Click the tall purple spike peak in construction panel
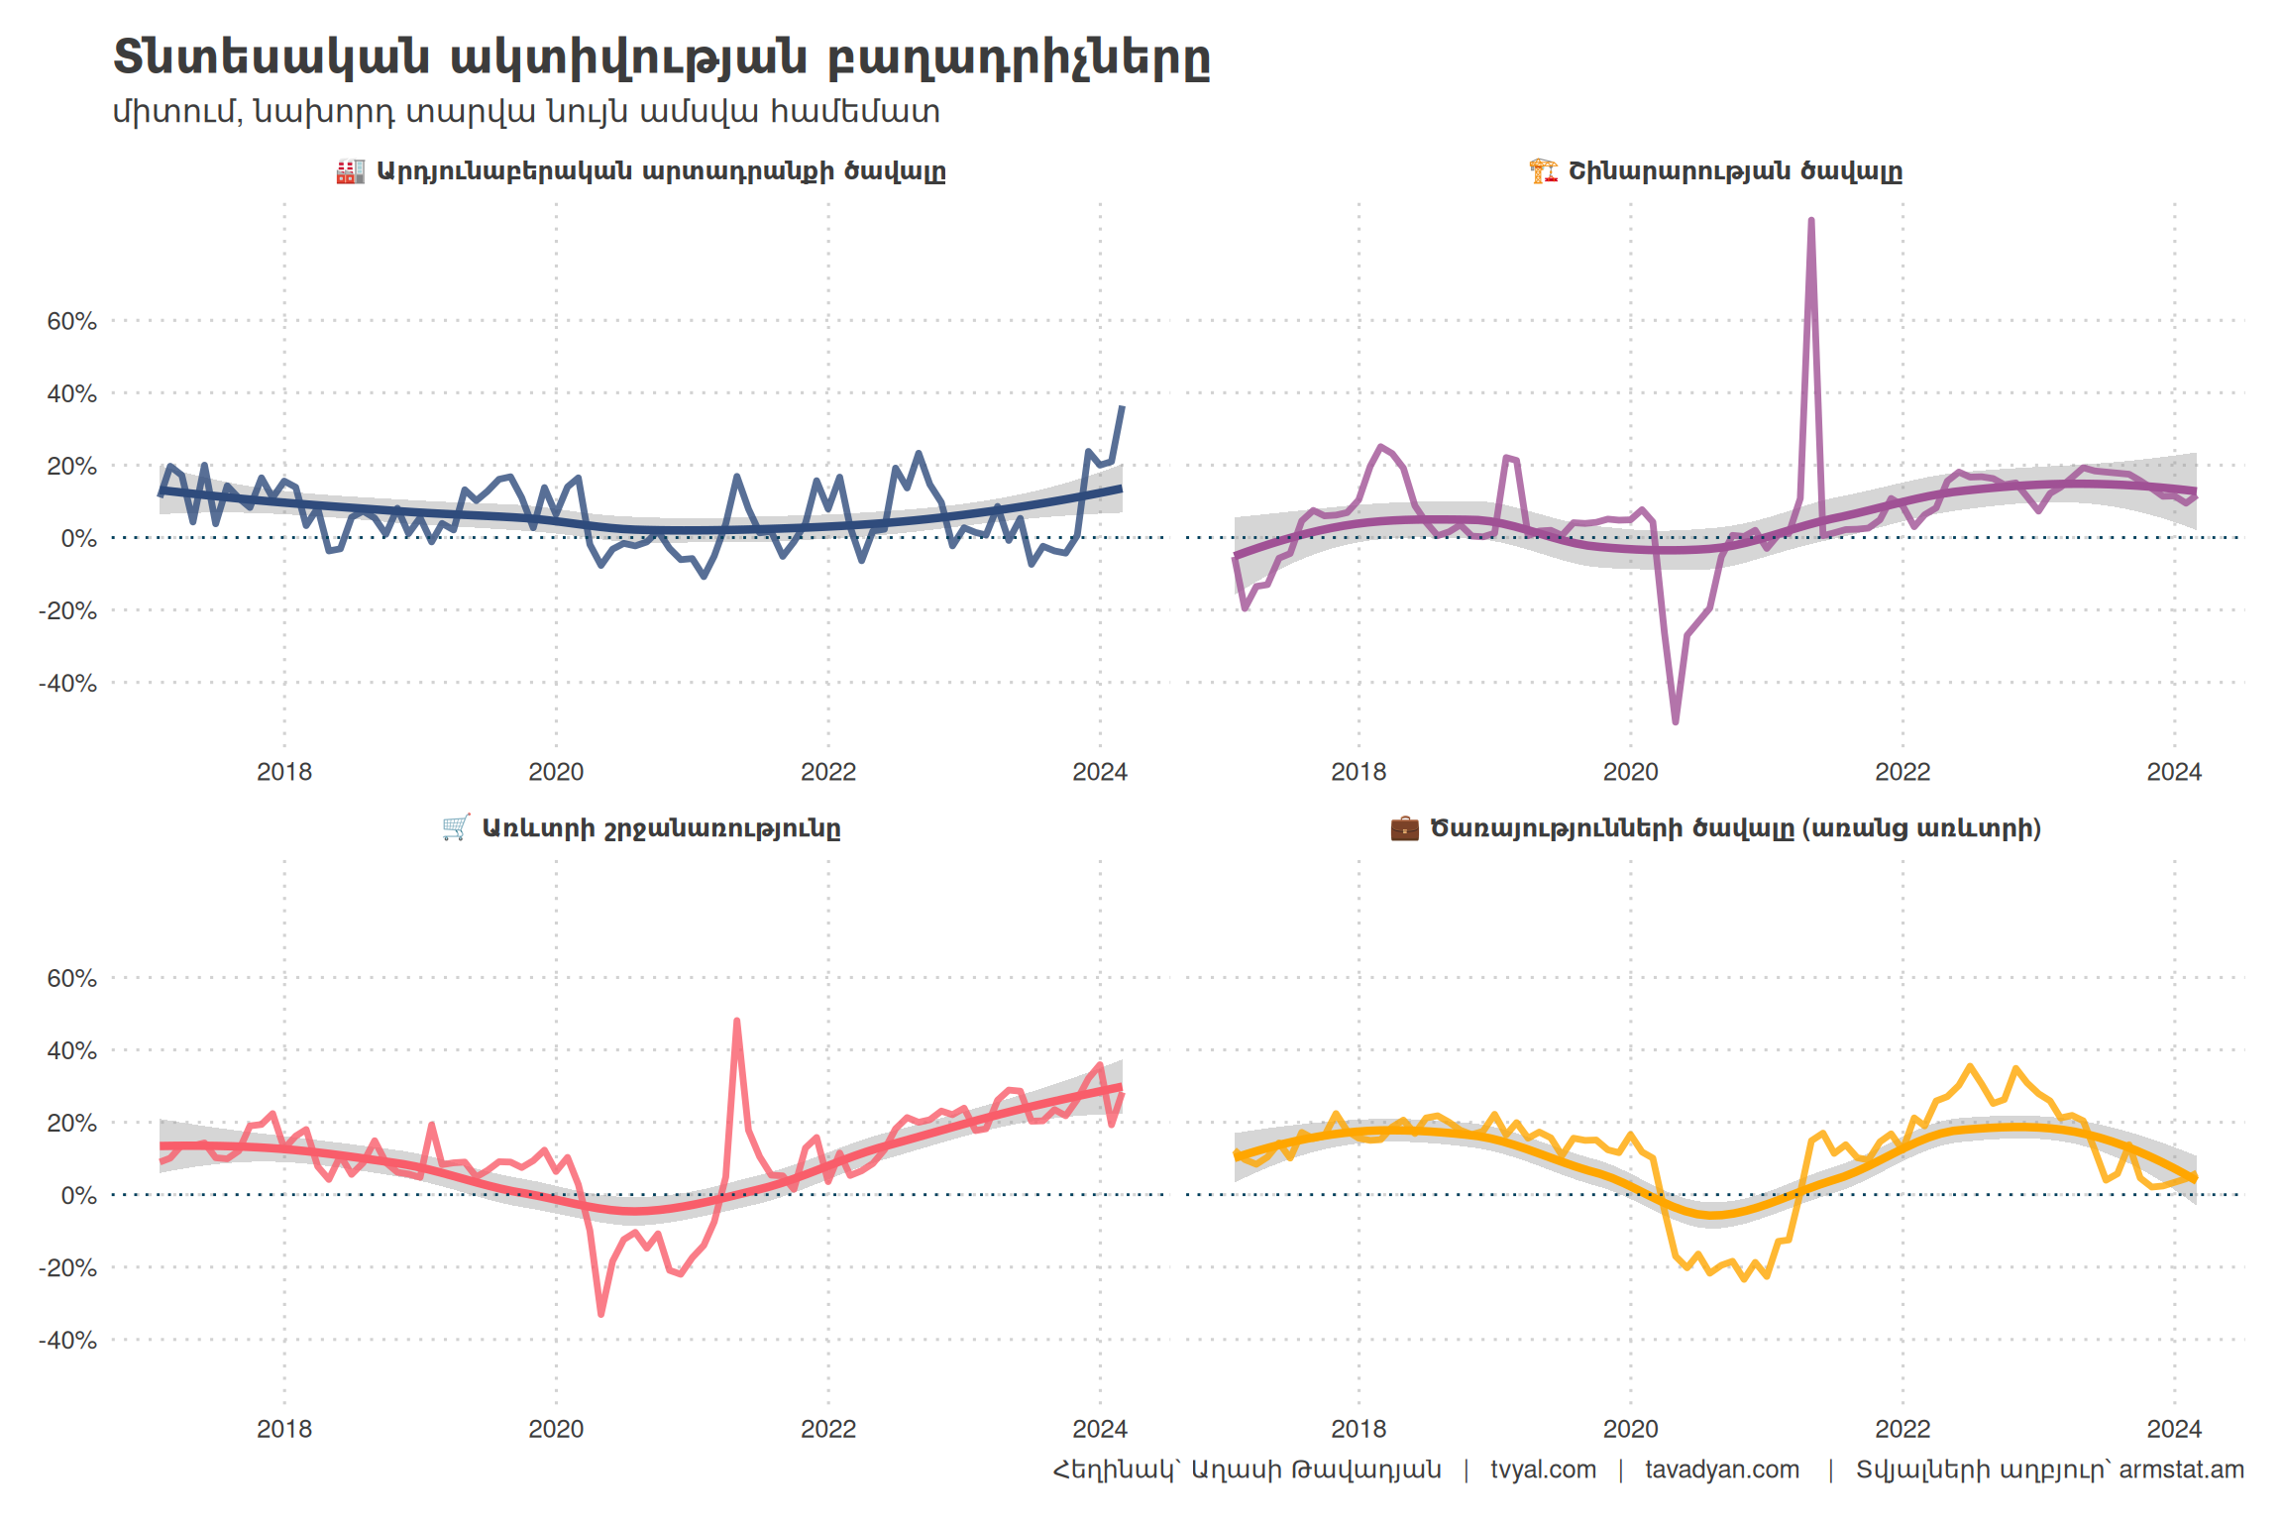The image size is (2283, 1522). (x=1810, y=221)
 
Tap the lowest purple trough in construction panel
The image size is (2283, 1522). (x=1676, y=721)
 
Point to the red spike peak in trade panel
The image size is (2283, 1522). (x=736, y=1021)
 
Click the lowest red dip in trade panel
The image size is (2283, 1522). (x=601, y=1314)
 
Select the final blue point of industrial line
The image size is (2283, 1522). (x=1122, y=407)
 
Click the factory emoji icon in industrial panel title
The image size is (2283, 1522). (x=350, y=171)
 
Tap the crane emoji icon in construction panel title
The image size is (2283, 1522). (x=1543, y=171)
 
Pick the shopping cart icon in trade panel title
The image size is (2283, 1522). (x=456, y=828)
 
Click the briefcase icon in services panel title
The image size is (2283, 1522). (x=1404, y=828)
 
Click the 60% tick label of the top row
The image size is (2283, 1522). (x=71, y=321)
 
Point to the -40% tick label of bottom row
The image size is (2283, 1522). (x=67, y=1341)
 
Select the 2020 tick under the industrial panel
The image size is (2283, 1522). (x=556, y=772)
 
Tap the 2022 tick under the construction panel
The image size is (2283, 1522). (x=1902, y=772)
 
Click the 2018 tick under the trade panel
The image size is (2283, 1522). (x=284, y=1429)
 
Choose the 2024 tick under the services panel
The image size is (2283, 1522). (x=2174, y=1429)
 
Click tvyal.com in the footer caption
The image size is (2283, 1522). (x=1543, y=1469)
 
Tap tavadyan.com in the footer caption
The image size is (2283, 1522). (x=1722, y=1469)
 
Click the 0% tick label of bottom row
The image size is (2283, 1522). (x=79, y=1196)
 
